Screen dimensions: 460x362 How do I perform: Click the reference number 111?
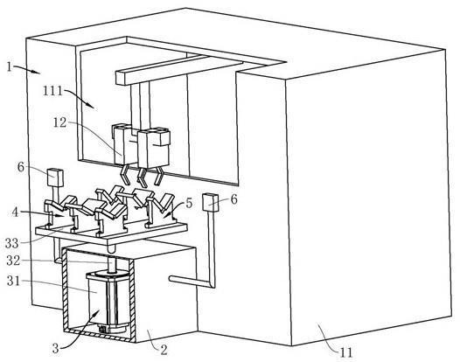click(52, 91)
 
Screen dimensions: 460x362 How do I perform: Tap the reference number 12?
click(60, 122)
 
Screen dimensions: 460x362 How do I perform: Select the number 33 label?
click(11, 243)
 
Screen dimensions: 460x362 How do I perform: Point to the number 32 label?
click(13, 261)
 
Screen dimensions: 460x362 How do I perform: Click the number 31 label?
click(13, 281)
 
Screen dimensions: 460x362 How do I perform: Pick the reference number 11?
click(346, 352)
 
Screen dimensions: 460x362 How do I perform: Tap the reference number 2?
click(164, 350)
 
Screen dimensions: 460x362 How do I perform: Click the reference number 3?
click(56, 349)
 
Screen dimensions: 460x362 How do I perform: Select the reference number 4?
click(15, 212)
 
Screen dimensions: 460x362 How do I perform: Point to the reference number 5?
click(189, 203)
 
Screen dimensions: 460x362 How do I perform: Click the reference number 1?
click(10, 66)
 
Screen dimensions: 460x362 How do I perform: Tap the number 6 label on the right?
click(233, 199)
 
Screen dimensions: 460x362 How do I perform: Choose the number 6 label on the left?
click(21, 167)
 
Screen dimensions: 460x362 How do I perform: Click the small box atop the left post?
click(55, 178)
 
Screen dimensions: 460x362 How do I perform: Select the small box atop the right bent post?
click(211, 203)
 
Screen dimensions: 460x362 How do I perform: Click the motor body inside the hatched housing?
click(108, 303)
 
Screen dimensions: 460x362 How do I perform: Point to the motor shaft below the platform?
click(111, 263)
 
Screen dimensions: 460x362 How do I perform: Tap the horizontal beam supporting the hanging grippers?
click(179, 71)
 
